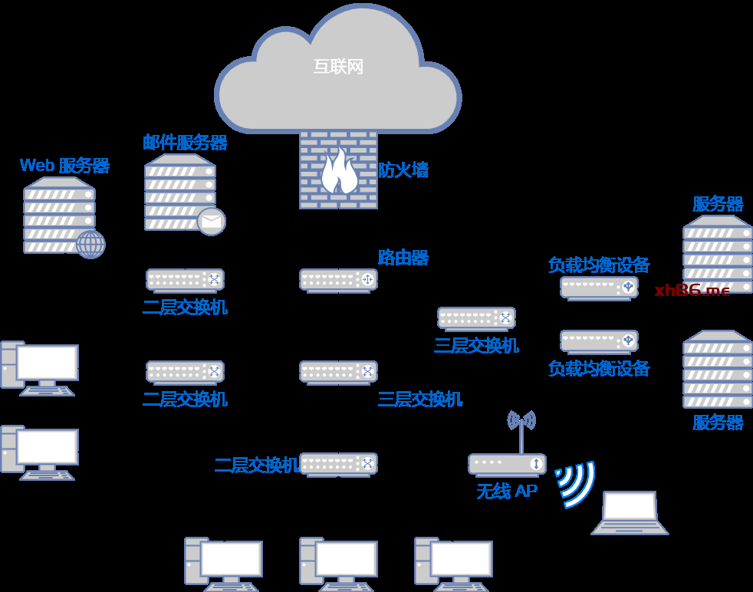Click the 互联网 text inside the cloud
click(x=338, y=67)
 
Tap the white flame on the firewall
click(x=338, y=172)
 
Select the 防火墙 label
click(x=403, y=170)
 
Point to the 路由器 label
click(x=403, y=258)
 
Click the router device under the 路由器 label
click(x=338, y=280)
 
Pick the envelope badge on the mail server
click(x=211, y=222)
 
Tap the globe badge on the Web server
click(x=90, y=245)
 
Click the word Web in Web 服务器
click(x=37, y=166)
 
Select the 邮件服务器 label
click(x=185, y=143)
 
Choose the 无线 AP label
click(x=507, y=491)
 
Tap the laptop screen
click(x=630, y=506)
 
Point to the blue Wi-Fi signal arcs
click(x=574, y=483)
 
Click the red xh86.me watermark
click(x=692, y=290)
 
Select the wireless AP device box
click(x=507, y=464)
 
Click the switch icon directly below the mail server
click(x=185, y=280)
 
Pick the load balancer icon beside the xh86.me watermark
click(x=599, y=288)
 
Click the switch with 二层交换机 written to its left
click(x=338, y=464)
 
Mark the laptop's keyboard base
click(x=630, y=528)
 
